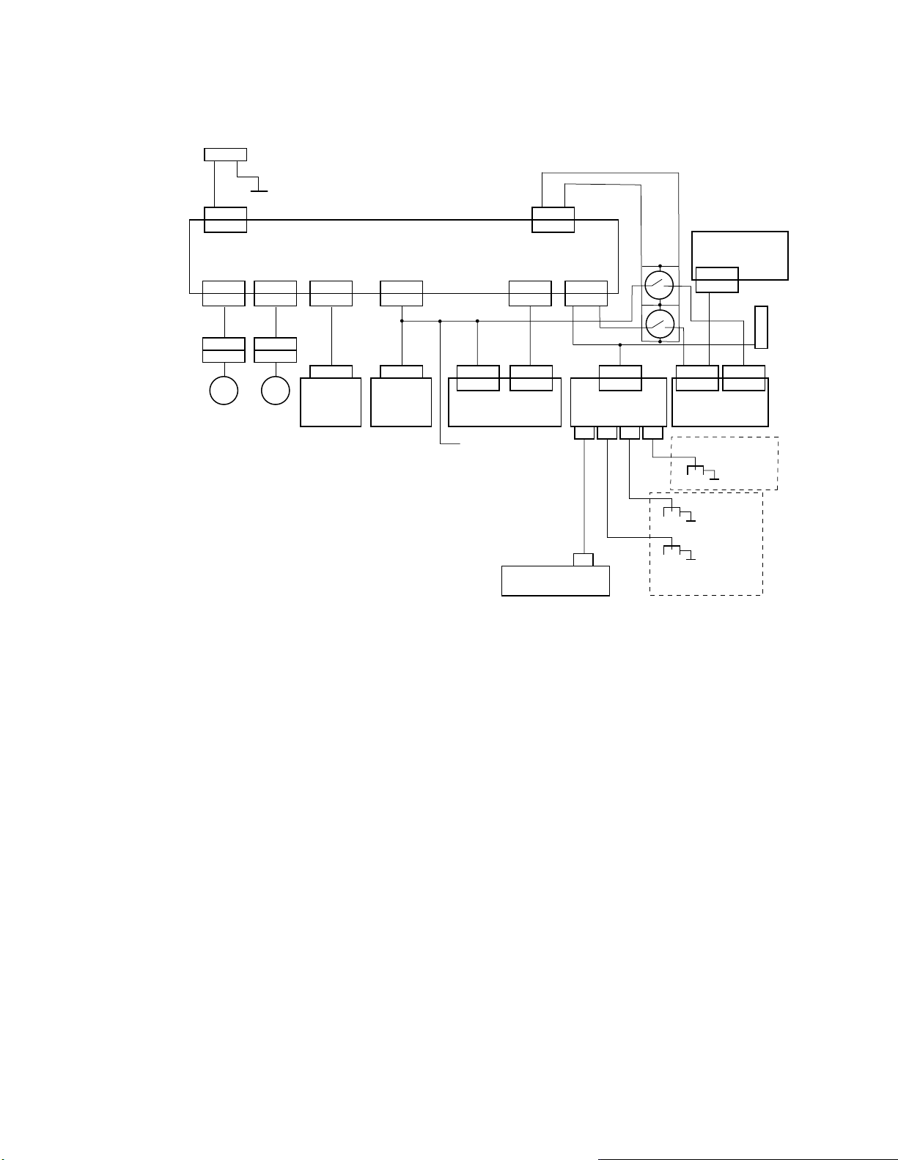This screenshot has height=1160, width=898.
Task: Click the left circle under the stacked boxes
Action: click(224, 390)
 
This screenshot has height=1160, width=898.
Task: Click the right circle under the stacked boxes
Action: click(276, 390)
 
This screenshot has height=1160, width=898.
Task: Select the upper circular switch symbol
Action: click(660, 284)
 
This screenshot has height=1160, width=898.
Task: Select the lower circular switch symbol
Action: click(660, 323)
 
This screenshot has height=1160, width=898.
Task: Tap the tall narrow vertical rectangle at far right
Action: click(762, 328)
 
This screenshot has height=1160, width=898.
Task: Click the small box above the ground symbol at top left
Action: click(225, 154)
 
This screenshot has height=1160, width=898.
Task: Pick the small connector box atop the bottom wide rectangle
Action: click(583, 560)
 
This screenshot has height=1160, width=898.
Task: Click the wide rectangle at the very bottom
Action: click(555, 580)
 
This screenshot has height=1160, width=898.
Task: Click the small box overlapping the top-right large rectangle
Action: click(716, 280)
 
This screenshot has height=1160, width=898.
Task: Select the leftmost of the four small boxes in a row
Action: click(584, 433)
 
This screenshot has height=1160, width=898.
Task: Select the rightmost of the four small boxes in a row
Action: click(652, 433)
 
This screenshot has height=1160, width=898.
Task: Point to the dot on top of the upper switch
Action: click(660, 266)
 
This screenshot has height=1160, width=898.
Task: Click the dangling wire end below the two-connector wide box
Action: click(460, 444)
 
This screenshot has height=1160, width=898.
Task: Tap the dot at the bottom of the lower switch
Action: click(660, 341)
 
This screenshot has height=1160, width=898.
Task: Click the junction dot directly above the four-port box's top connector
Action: click(620, 344)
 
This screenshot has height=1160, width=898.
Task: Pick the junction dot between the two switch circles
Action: click(660, 304)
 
